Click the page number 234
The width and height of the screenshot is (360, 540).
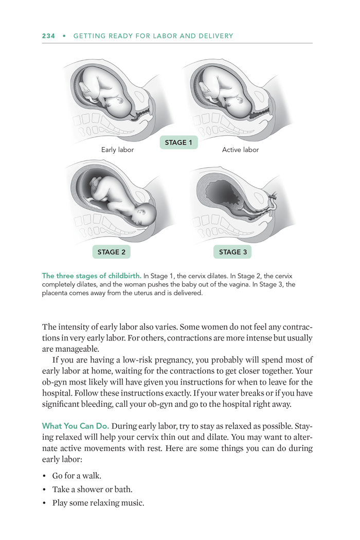pos(48,36)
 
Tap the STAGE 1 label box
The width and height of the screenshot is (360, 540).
pos(178,142)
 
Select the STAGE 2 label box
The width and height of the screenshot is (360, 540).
pos(111,252)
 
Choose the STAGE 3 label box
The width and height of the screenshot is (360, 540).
pos(232,252)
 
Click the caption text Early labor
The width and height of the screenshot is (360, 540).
pos(117,150)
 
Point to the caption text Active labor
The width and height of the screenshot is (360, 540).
pos(240,150)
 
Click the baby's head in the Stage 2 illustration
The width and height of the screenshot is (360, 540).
pos(146,212)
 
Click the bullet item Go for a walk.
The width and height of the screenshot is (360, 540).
pos(77,476)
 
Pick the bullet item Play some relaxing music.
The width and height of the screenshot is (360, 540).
pos(98,502)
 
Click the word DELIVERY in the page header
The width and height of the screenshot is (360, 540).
pos(215,36)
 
